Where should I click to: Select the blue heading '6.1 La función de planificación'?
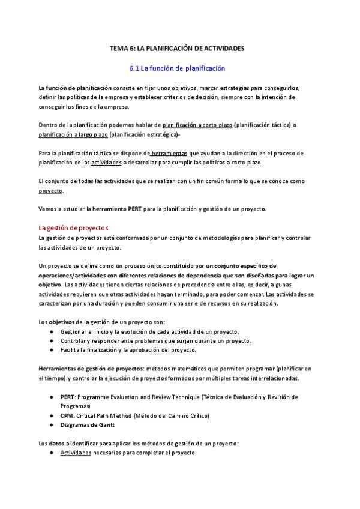point(177,69)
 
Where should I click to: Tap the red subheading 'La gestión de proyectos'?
point(73,228)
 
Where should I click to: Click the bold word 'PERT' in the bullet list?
point(67,397)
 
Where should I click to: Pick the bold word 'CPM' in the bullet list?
point(67,415)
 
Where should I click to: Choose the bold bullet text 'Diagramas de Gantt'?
point(87,425)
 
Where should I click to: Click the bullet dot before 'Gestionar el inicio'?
point(52,331)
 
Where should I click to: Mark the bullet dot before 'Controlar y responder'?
point(52,341)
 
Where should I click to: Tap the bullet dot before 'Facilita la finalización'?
point(52,350)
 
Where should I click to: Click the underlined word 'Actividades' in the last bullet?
point(76,453)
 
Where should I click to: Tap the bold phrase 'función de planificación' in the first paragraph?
point(79,88)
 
